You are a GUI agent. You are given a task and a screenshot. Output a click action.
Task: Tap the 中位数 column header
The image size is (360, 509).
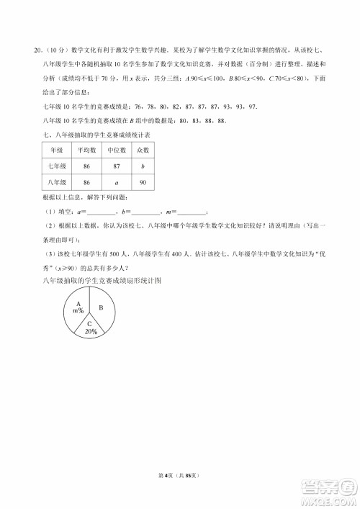coord(117,151)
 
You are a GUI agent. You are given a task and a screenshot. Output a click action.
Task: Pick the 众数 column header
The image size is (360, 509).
coord(143,151)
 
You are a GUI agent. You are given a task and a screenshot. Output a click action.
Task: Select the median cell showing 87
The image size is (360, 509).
coord(117,166)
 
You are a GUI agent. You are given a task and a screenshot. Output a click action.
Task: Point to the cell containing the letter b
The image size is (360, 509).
coord(143,166)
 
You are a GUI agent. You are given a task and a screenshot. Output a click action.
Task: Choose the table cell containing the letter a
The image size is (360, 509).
coord(117,183)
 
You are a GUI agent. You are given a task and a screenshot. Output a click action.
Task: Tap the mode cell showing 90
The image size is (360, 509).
coord(143,183)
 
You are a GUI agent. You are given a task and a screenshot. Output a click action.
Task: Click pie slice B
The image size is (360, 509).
coord(102,308)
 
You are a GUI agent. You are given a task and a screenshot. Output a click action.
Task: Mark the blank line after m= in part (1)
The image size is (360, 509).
coord(191,212)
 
